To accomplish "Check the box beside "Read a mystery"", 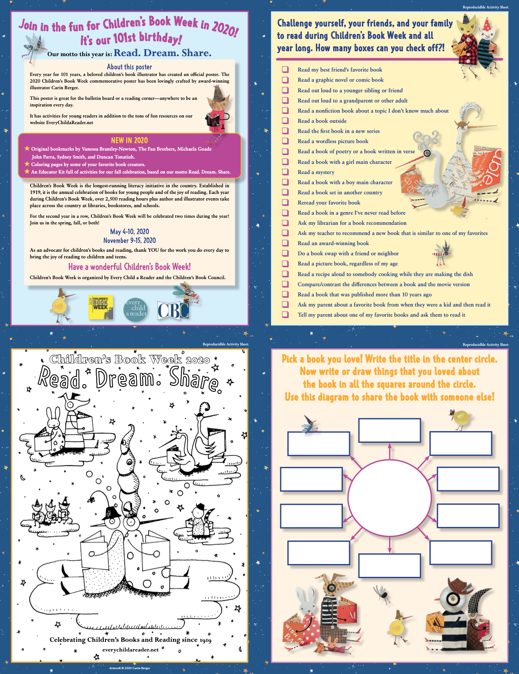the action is click(x=285, y=172).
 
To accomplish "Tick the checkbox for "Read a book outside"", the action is click(x=285, y=121).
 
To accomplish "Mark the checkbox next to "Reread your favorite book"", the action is click(x=285, y=202).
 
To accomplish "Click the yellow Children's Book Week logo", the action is click(x=100, y=307).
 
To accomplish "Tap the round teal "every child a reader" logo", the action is click(x=135, y=309).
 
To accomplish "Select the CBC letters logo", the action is click(x=173, y=310).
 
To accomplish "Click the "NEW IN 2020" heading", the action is click(x=129, y=140).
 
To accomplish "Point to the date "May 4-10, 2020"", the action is click(x=129, y=231).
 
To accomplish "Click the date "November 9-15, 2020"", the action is click(x=129, y=240).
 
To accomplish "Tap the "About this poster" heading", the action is click(x=129, y=67).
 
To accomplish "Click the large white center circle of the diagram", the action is click(x=390, y=497).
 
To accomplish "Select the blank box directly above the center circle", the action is click(x=390, y=430).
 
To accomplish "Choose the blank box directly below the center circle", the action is click(x=390, y=565).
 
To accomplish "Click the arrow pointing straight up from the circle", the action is click(x=390, y=451).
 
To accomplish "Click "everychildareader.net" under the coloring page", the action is click(x=131, y=650).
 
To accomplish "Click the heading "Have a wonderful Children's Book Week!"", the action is click(x=129, y=266).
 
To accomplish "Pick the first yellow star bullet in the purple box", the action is click(x=27, y=148).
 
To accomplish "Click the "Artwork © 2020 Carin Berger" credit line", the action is click(x=129, y=668).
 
